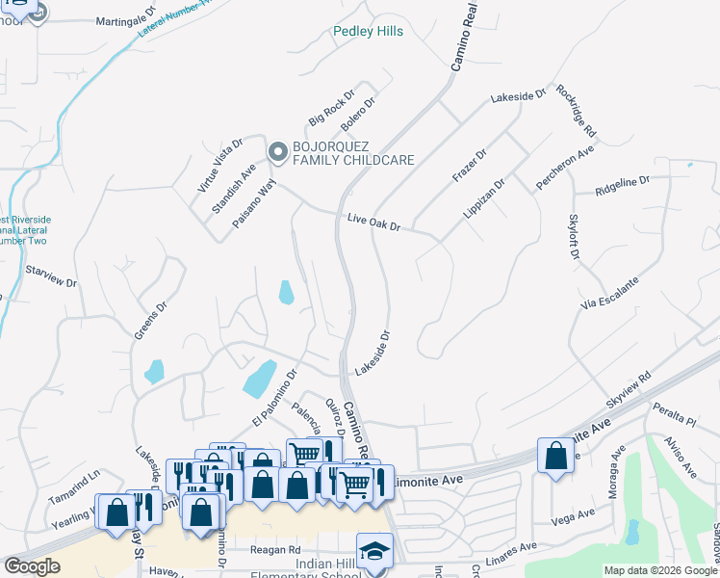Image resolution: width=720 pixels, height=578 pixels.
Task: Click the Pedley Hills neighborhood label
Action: pyautogui.click(x=368, y=32)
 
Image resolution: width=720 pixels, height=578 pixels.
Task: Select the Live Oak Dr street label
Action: pyautogui.click(x=373, y=223)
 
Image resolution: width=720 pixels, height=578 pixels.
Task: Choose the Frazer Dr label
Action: pyautogui.click(x=470, y=165)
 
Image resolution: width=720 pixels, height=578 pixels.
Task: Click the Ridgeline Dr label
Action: pyautogui.click(x=623, y=181)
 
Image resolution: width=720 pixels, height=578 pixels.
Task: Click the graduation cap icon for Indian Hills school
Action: pyautogui.click(x=374, y=551)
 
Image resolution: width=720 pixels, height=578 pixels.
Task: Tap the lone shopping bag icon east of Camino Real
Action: pyautogui.click(x=555, y=455)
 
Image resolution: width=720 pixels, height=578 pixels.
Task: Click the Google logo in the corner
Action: pyautogui.click(x=33, y=566)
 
